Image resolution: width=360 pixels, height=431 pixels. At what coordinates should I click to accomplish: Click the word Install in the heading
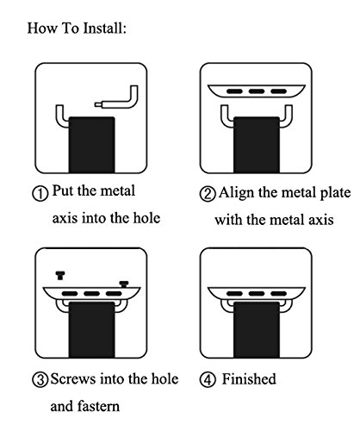104,28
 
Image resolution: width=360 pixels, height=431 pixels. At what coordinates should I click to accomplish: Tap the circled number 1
40,193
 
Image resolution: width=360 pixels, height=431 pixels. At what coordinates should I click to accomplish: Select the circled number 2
208,194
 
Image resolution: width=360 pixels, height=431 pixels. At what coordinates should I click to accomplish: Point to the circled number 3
40,380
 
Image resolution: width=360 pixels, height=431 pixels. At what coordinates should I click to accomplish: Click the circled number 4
208,380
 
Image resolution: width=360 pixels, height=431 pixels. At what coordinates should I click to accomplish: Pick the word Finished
249,378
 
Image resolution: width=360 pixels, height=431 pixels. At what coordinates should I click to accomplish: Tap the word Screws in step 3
73,378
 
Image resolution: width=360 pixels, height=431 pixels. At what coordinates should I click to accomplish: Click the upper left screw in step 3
60,276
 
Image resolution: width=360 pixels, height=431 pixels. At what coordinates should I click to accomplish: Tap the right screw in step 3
124,284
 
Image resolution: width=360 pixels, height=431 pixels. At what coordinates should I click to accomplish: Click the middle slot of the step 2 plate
257,91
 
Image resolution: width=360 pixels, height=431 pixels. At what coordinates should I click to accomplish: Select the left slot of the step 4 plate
234,294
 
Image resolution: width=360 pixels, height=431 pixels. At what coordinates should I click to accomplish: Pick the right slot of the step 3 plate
114,294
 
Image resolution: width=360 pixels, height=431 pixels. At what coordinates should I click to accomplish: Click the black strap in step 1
91,145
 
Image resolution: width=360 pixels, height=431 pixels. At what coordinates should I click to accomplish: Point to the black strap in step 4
257,329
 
